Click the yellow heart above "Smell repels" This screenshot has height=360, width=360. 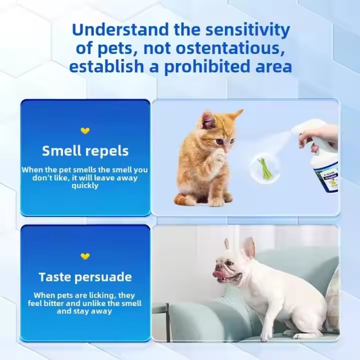85,131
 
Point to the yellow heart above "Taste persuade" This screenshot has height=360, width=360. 85,256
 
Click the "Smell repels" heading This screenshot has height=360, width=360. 85,151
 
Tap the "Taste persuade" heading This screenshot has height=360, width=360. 85,276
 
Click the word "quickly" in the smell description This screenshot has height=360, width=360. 85,185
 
